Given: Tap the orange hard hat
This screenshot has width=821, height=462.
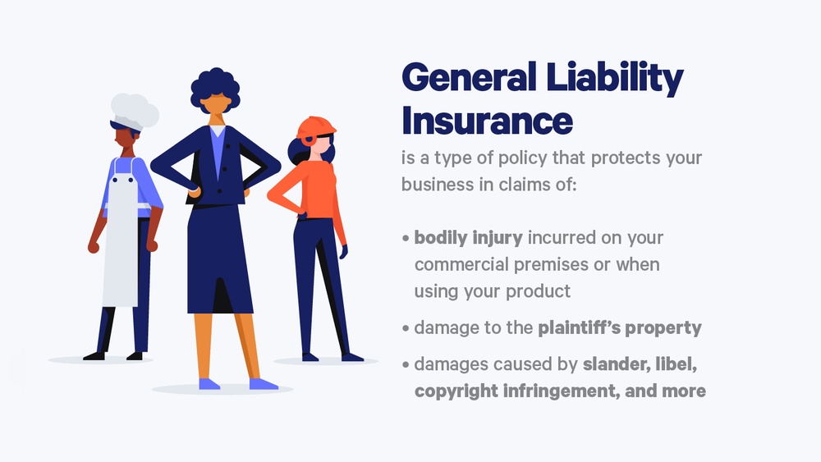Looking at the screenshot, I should [x=317, y=127].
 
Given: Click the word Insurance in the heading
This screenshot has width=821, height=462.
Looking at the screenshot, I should [x=486, y=121].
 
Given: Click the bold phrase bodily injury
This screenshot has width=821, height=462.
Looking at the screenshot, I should [x=468, y=238].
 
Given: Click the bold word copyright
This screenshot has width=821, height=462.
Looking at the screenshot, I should [x=458, y=391].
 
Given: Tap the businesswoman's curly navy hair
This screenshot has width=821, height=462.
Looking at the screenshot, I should [x=217, y=85].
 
